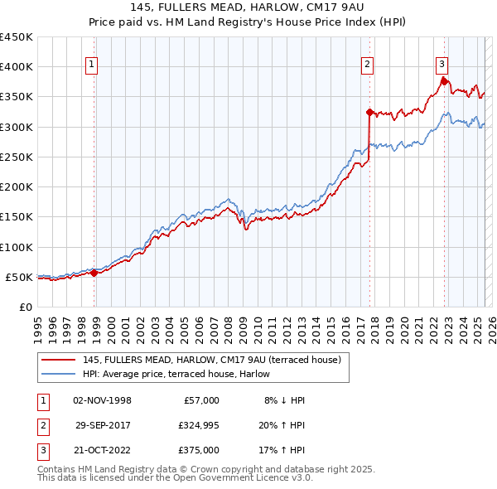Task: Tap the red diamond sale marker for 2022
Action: (x=445, y=81)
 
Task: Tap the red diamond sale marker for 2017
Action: (x=369, y=111)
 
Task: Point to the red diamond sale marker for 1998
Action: (x=94, y=272)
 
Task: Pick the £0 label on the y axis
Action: (x=25, y=307)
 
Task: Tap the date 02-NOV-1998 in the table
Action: (x=103, y=400)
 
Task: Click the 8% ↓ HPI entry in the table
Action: (x=284, y=400)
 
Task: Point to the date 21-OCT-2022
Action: (x=103, y=450)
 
